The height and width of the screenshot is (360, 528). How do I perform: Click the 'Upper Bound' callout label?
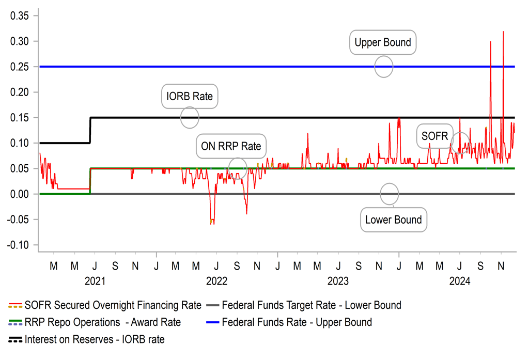[x=383, y=42]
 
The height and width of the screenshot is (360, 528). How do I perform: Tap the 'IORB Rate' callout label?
[x=190, y=97]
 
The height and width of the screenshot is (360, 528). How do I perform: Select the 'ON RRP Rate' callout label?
[x=231, y=147]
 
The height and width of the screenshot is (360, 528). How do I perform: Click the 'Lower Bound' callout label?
[x=394, y=220]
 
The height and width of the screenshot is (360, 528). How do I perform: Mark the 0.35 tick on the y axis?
[x=21, y=15]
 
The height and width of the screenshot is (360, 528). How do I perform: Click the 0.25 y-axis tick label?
[x=21, y=67]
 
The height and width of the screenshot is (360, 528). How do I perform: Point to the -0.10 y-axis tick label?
[x=19, y=245]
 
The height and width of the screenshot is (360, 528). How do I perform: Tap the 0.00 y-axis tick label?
[x=21, y=194]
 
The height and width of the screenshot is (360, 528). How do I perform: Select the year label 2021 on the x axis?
[x=95, y=281]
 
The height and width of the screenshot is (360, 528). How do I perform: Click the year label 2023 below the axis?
[x=338, y=281]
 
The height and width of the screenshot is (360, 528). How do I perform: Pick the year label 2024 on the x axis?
[x=459, y=281]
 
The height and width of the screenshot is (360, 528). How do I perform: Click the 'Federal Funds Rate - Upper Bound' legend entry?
[x=297, y=322]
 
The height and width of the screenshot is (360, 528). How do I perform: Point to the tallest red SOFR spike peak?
[x=503, y=32]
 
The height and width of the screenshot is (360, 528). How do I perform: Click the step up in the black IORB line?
[x=90, y=130]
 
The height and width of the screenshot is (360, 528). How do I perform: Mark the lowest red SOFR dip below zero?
[x=212, y=224]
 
